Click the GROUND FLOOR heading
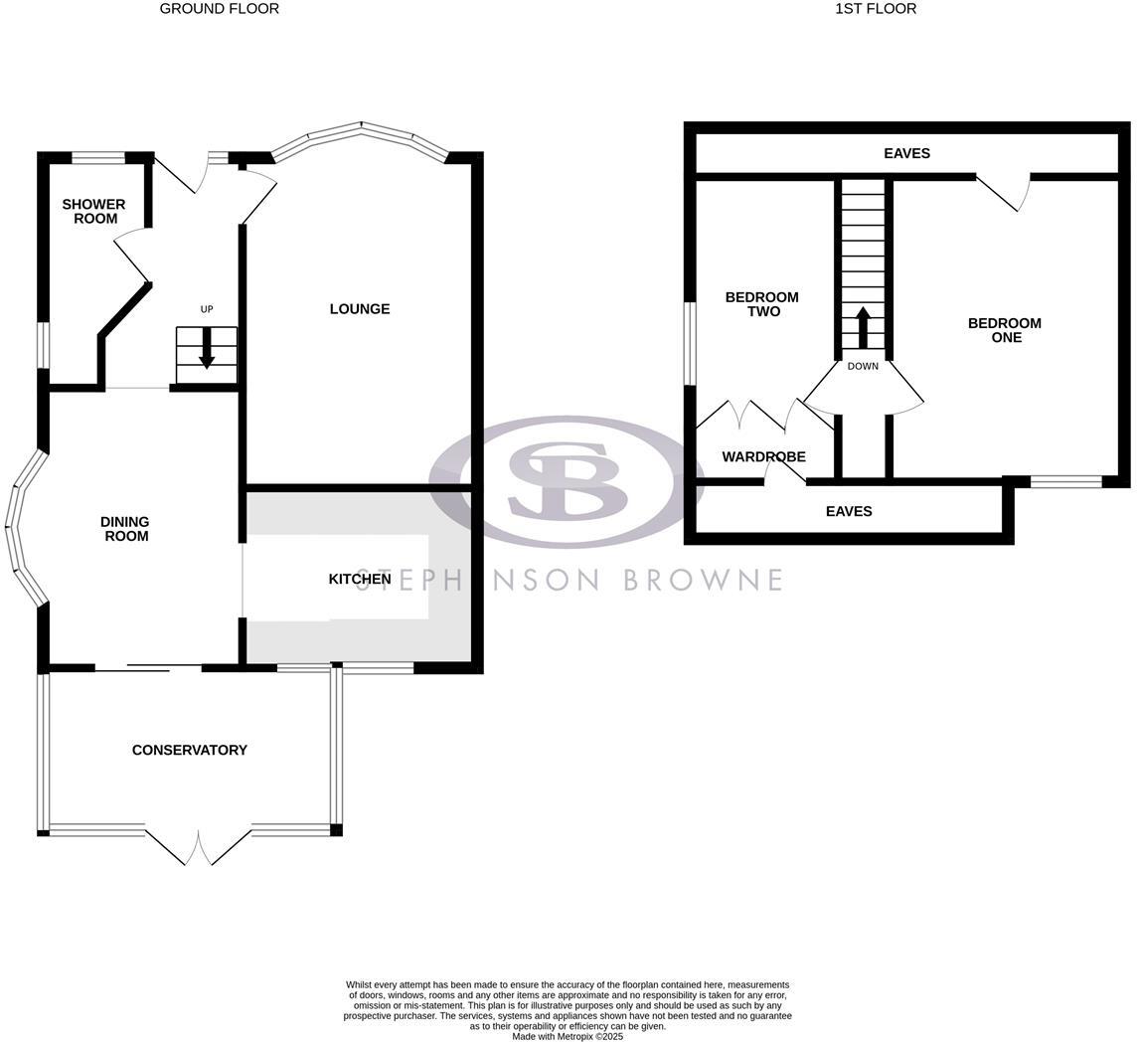[x=219, y=9]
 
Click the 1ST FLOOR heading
[x=875, y=9]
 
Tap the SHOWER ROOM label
[x=93, y=211]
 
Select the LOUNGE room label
[x=360, y=309]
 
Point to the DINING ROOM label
[x=125, y=529]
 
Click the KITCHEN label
[x=359, y=579]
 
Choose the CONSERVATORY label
[x=190, y=750]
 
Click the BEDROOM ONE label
[x=1005, y=330]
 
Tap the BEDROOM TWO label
[x=761, y=304]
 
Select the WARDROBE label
[x=763, y=457]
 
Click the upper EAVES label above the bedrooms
[x=906, y=153]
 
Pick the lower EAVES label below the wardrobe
[x=849, y=511]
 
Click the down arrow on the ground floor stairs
[x=207, y=348]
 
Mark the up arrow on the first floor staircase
[x=863, y=326]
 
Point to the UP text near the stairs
[x=207, y=309]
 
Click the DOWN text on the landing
[x=863, y=366]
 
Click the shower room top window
[x=98, y=157]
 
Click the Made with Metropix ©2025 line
[x=568, y=1036]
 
